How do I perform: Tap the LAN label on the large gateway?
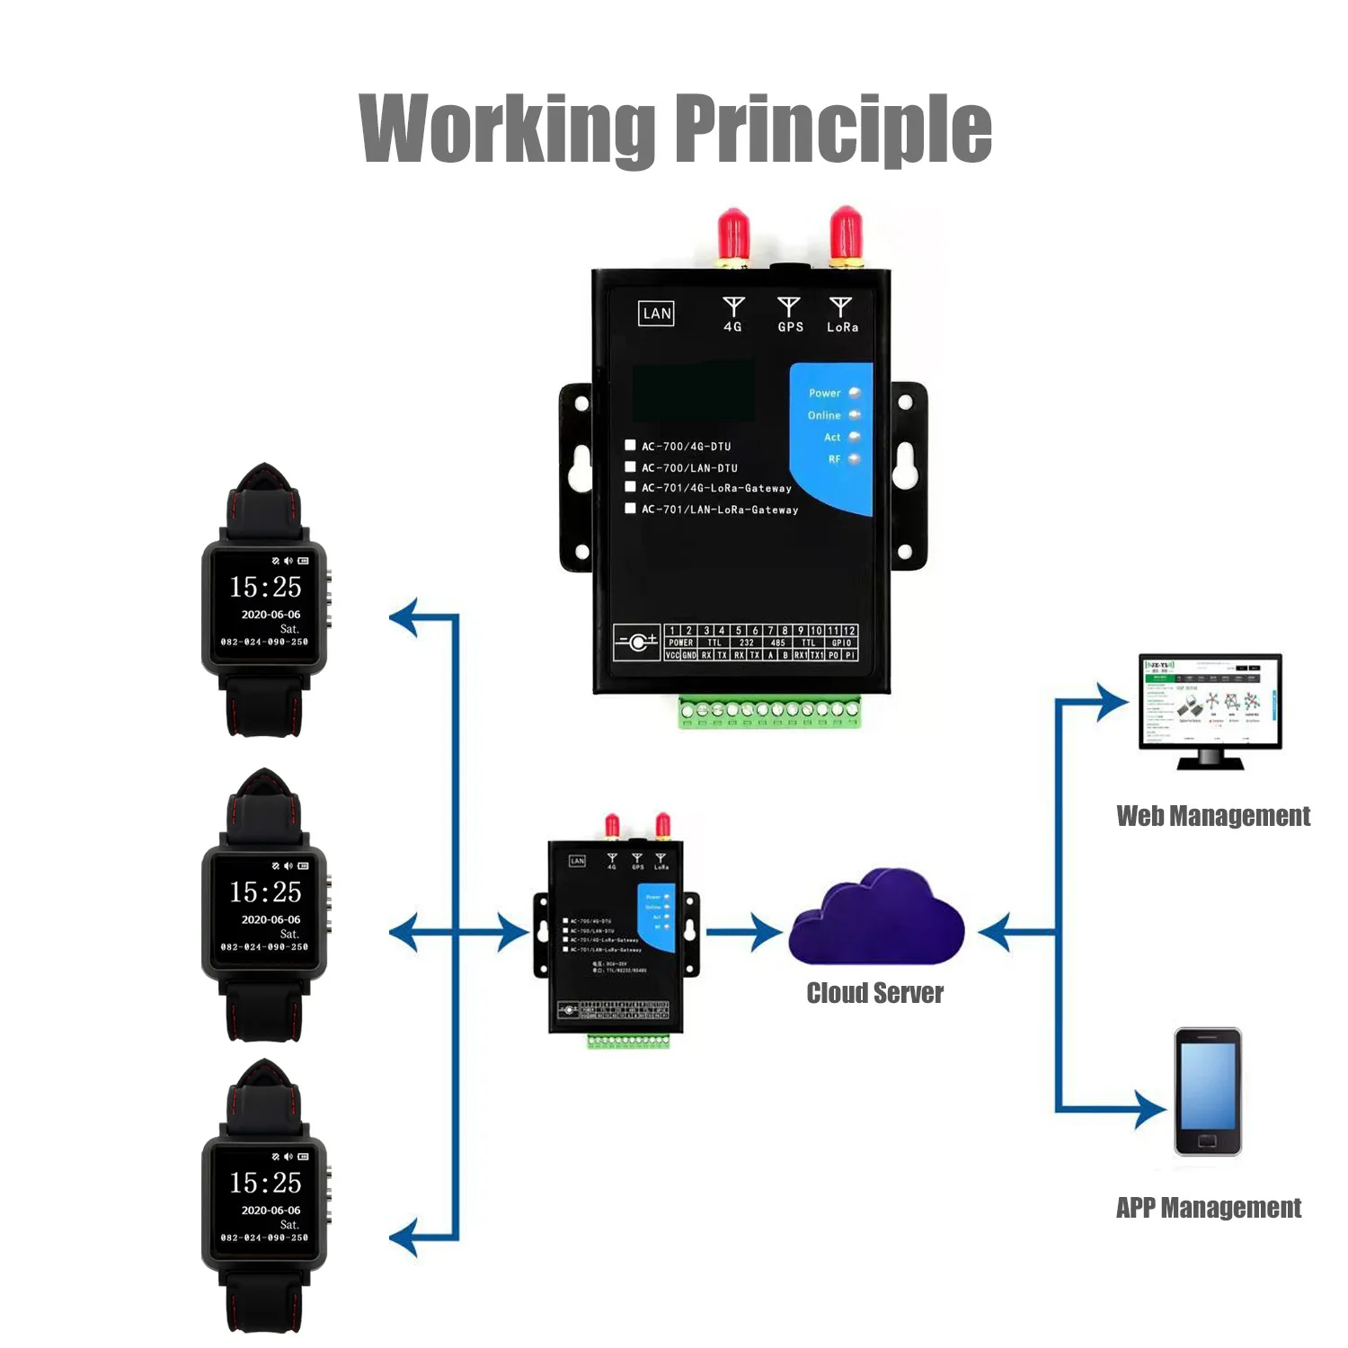[657, 314]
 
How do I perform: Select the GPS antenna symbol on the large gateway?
[789, 307]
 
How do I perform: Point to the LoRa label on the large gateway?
[842, 327]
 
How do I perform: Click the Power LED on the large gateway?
[854, 393]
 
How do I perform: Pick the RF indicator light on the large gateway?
[854, 459]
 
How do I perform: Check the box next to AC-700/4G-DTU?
[630, 445]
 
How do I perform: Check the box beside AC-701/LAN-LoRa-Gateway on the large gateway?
[630, 508]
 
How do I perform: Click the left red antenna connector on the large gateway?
[734, 235]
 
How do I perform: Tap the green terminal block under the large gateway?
[769, 711]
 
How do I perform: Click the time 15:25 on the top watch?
[265, 587]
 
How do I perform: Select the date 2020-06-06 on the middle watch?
[270, 919]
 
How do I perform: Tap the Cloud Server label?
[874, 993]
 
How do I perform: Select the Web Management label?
[1212, 816]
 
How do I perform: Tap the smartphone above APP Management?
[1208, 1092]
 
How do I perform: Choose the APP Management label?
[1208, 1208]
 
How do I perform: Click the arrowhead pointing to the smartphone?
[1150, 1109]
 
